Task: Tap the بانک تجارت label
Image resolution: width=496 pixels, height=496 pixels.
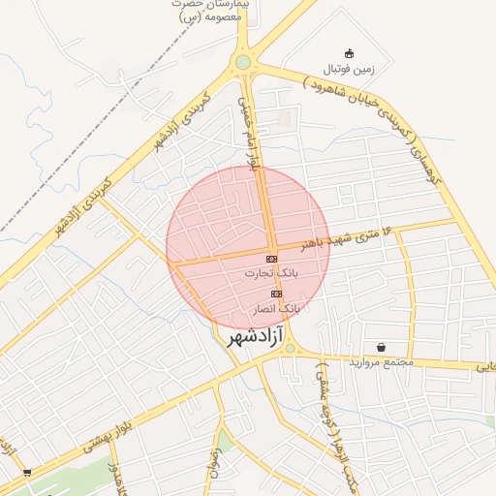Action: click(270, 274)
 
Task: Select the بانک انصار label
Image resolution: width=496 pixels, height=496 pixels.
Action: click(277, 308)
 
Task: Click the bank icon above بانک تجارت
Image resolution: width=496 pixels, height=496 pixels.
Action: click(270, 259)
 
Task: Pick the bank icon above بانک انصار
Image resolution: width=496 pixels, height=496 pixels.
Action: click(277, 293)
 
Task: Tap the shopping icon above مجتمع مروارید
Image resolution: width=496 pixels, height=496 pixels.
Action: click(381, 347)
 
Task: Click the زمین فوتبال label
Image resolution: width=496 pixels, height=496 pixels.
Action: click(349, 69)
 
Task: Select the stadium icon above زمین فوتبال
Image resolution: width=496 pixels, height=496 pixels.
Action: click(350, 53)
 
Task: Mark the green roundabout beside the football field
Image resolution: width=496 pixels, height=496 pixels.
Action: click(242, 63)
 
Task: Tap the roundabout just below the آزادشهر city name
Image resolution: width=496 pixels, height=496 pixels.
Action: click(290, 348)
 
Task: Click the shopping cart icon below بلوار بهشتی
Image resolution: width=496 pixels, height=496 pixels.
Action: click(26, 473)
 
